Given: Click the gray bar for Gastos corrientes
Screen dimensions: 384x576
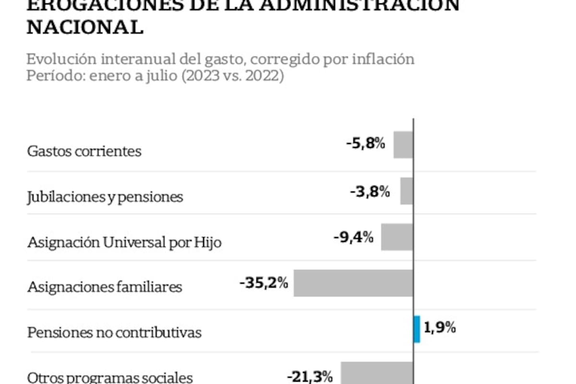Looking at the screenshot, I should [403, 144].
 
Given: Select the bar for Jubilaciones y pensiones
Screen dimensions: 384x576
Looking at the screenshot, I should [407, 191].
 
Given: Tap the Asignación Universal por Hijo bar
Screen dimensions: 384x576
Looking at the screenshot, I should [397, 237].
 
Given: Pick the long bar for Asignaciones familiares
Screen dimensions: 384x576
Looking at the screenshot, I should [353, 283].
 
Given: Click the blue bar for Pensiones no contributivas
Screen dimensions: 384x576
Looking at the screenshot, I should [417, 329].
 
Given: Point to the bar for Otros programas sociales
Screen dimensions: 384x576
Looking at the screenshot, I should [377, 373].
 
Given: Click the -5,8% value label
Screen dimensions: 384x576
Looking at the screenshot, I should [366, 144].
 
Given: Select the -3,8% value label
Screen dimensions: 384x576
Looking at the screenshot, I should [370, 192].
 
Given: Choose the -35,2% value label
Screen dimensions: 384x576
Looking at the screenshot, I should [264, 283].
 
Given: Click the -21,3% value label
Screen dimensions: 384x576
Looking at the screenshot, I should [310, 377].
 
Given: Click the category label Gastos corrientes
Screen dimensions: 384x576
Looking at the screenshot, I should [84, 151].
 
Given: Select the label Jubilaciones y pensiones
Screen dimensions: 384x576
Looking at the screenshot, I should [105, 197].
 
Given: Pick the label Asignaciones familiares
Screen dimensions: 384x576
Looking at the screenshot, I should [105, 287].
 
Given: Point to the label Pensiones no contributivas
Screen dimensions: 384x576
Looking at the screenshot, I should [114, 333].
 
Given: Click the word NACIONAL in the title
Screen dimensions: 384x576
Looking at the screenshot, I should [85, 27].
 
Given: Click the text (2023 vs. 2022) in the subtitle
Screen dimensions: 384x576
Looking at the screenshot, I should [232, 76].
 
